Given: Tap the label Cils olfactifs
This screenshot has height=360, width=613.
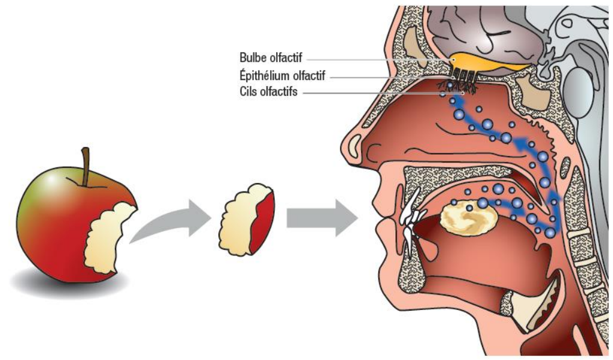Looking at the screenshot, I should (268, 93).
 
